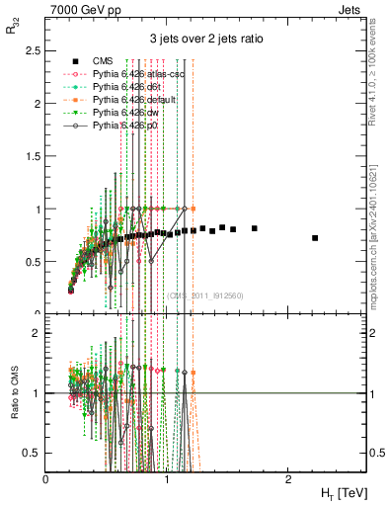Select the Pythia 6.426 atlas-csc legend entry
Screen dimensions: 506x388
click(124, 74)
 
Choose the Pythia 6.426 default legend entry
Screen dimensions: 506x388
click(122, 101)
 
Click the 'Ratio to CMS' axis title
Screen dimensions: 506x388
click(13, 385)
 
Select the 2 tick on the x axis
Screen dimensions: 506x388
click(287, 479)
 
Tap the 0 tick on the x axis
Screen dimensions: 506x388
click(46, 479)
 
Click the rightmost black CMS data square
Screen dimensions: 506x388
click(315, 238)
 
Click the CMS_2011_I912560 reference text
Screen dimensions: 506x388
click(206, 295)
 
